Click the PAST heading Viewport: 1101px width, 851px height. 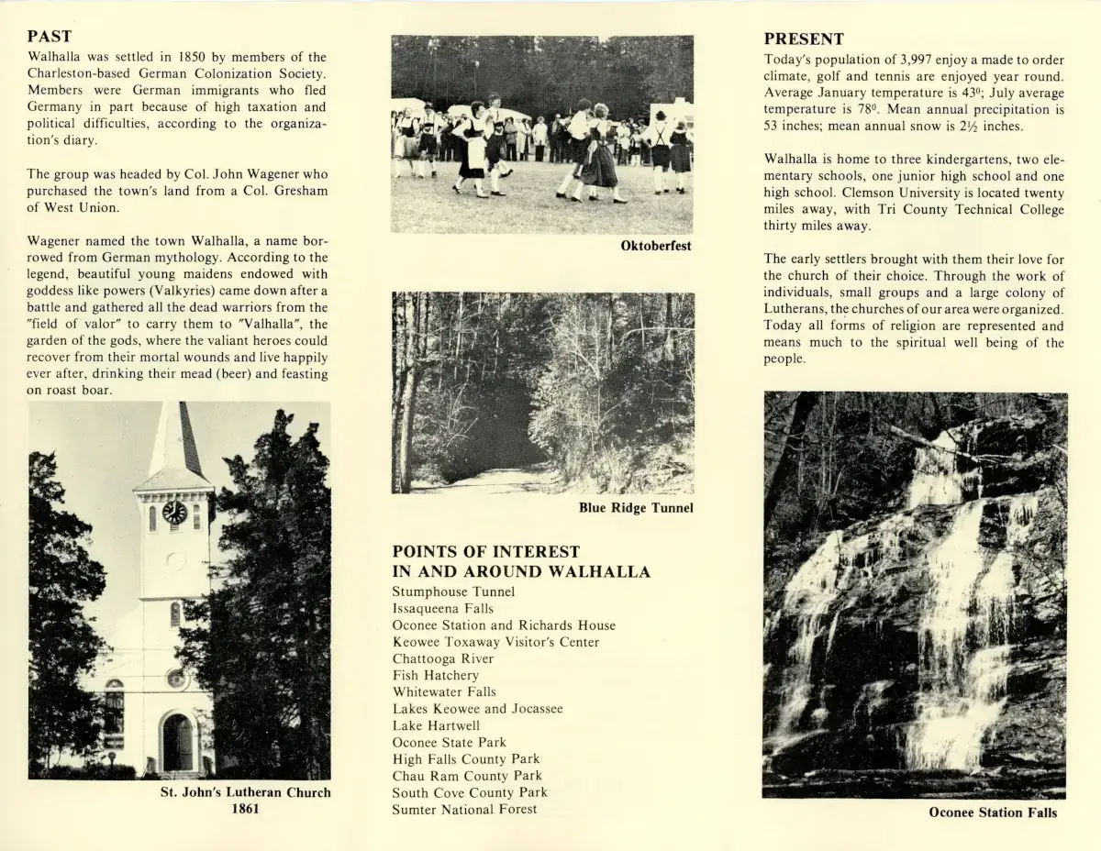tap(50, 37)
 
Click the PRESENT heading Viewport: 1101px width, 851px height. tap(804, 39)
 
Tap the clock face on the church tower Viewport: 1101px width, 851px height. tap(173, 512)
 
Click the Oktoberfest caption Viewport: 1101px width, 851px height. tap(655, 247)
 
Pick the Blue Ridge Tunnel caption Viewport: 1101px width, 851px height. tap(636, 508)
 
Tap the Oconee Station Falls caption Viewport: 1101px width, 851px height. tap(993, 812)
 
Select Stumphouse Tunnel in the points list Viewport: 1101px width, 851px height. tap(453, 592)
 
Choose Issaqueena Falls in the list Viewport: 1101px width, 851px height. tap(442, 609)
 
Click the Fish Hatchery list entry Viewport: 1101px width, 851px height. tap(435, 676)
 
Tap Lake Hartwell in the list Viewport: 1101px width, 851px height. tap(436, 725)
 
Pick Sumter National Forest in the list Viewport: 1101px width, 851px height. tap(464, 809)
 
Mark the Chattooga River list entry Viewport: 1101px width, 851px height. tap(442, 659)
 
